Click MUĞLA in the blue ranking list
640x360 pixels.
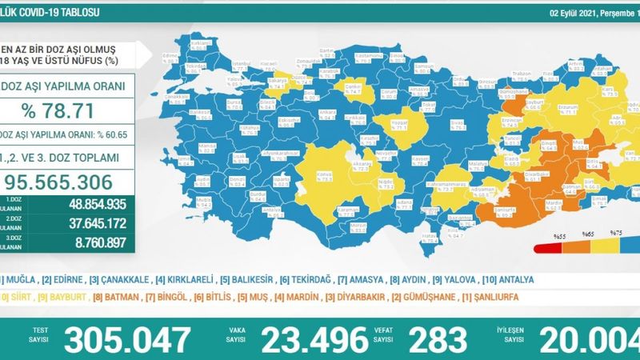21,280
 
